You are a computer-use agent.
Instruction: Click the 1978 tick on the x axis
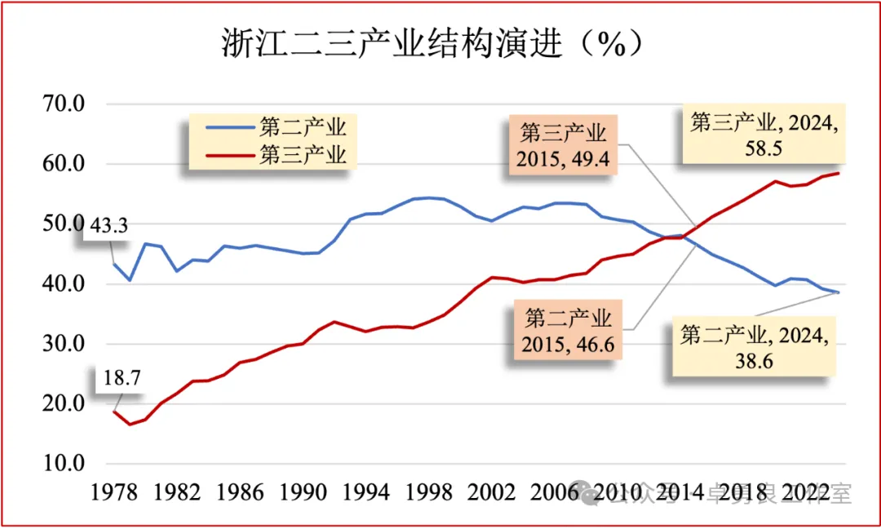(113, 492)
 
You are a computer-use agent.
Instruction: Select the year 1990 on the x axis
(302, 492)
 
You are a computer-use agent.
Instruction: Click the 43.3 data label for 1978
(108, 226)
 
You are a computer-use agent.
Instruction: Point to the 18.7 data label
(116, 379)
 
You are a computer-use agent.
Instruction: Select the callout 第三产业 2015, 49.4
(564, 144)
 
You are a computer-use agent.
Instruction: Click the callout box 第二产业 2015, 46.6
(568, 329)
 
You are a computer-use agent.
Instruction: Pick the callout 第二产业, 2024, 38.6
(755, 347)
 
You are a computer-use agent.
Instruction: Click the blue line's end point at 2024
(839, 292)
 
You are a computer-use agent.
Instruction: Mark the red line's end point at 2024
(839, 173)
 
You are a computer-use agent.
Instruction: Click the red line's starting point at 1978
(114, 411)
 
